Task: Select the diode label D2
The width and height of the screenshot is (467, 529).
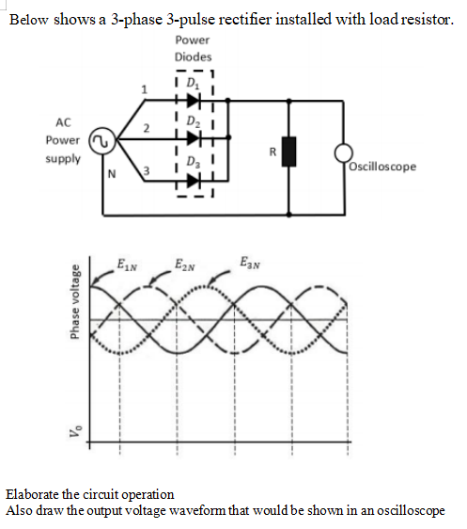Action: pos(194,124)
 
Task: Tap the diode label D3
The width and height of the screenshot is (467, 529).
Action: pos(194,161)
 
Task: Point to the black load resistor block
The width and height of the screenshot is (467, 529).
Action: pos(289,152)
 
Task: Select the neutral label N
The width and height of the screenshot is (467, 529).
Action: pos(111,174)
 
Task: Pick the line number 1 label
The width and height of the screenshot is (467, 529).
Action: pos(144,89)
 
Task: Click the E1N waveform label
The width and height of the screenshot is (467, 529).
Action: pos(125,263)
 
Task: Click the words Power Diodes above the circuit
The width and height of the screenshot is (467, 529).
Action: pos(193,48)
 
